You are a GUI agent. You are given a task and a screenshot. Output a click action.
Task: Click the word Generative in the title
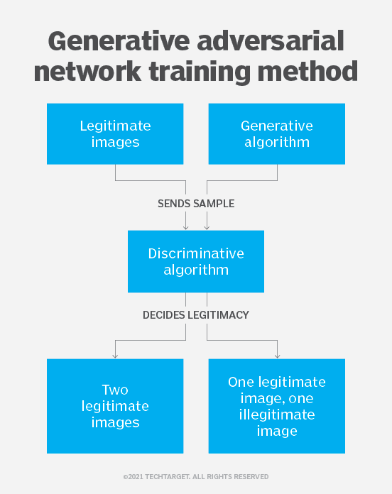coord(119,41)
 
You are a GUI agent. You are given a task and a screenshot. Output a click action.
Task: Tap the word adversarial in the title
coord(271,41)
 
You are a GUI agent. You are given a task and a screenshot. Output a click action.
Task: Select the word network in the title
coord(87,71)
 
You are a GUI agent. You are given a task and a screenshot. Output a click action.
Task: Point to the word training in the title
coord(200,73)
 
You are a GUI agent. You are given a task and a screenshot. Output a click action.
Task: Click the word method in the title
coord(308,71)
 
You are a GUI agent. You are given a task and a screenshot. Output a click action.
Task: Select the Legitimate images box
coord(115,134)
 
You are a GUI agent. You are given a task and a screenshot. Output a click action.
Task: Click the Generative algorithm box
coord(277,134)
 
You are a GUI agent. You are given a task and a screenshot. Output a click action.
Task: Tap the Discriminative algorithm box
coord(196,261)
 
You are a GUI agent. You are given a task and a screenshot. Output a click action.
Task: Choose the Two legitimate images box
coord(115,406)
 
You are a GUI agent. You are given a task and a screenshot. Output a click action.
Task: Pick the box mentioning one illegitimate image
coord(277,406)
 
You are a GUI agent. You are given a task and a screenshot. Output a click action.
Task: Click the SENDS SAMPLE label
coord(196,204)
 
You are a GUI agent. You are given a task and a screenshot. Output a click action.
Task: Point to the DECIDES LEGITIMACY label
coord(196,315)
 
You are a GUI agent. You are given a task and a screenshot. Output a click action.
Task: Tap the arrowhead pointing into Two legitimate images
coord(115,356)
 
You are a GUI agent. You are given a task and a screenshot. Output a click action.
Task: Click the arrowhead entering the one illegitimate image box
coord(277,356)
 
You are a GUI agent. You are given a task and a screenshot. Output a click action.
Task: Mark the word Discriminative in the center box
coord(196,253)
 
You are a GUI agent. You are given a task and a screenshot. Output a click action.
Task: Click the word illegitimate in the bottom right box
coord(277,415)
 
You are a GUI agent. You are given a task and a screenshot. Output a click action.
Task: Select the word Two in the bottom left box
coord(115,390)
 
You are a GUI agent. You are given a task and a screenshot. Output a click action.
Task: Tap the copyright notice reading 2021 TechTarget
coord(196,477)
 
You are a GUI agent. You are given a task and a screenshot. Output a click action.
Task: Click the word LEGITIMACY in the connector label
coord(218,315)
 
